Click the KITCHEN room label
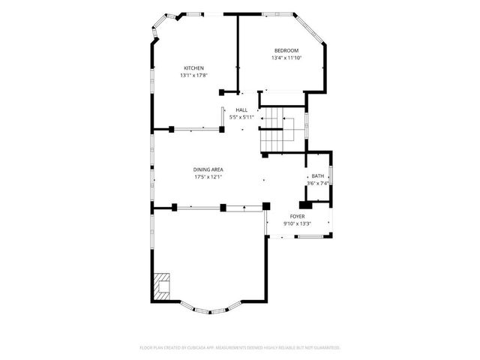pyautogui.click(x=193, y=68)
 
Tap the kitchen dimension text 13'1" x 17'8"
pyautogui.click(x=193, y=75)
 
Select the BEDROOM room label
pyautogui.click(x=285, y=50)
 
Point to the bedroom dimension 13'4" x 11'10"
pyautogui.click(x=285, y=58)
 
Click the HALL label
pyautogui.click(x=241, y=110)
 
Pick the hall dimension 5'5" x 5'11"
pyautogui.click(x=241, y=117)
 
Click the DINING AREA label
pyautogui.click(x=208, y=169)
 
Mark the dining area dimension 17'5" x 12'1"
pyautogui.click(x=208, y=177)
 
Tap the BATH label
pyautogui.click(x=318, y=176)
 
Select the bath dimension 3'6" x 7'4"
pyautogui.click(x=318, y=184)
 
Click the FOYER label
pyautogui.click(x=297, y=216)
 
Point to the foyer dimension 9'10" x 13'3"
pyautogui.click(x=297, y=223)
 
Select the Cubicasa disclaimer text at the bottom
pyautogui.click(x=240, y=347)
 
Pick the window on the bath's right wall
pyautogui.click(x=331, y=178)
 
